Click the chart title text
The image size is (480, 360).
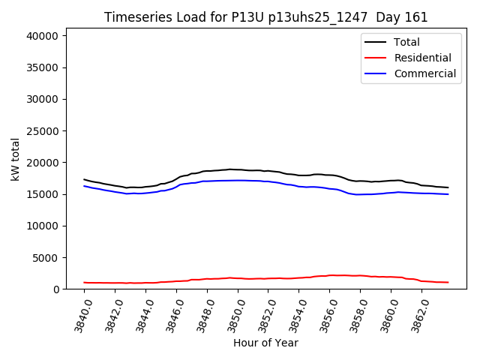coord(265,17)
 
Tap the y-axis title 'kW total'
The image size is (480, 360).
coord(16,159)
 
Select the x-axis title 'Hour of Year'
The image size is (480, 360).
coord(265,343)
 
